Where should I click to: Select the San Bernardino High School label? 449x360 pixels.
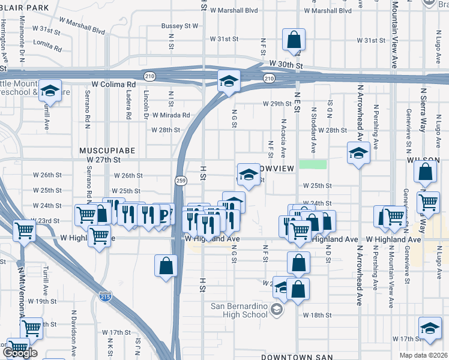[239, 310]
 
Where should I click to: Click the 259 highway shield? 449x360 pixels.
[181, 180]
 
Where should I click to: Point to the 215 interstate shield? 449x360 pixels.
[104, 295]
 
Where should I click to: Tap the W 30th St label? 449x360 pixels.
[284, 64]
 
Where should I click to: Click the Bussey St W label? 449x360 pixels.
[179, 26]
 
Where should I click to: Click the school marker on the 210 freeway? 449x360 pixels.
[228, 80]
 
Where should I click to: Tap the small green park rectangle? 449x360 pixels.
[313, 164]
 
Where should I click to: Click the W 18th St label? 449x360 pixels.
[317, 316]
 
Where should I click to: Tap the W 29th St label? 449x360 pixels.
[277, 103]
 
